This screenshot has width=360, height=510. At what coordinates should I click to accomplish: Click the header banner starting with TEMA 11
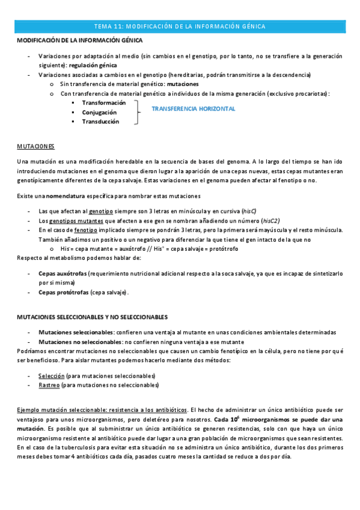[x=180, y=26]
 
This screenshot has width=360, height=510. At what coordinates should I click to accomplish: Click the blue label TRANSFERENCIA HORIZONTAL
[x=193, y=109]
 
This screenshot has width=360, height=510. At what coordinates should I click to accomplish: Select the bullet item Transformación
[x=104, y=103]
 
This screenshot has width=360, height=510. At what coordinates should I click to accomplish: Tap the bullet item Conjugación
[x=100, y=112]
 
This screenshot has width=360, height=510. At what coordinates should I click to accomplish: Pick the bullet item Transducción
[x=100, y=121]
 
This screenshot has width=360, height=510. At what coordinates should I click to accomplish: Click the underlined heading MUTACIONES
[x=35, y=146]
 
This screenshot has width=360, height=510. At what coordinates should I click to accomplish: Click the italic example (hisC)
[x=249, y=211]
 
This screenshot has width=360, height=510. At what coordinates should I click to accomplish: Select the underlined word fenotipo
[x=85, y=230]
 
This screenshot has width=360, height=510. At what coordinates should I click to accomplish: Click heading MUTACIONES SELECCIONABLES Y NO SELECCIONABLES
[x=91, y=316]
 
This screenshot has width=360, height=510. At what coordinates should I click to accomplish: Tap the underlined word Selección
[x=51, y=375]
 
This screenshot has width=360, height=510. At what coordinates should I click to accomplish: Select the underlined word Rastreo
[x=49, y=384]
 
